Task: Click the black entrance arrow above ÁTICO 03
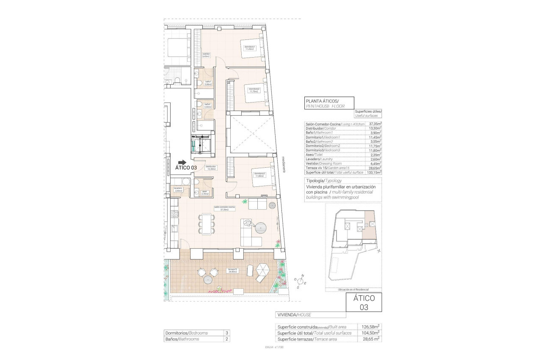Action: coord(182,162)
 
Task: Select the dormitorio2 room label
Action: coord(254,90)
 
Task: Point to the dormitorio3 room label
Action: coord(259,174)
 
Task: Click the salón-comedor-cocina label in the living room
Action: coord(224,208)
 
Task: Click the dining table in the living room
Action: coord(206,224)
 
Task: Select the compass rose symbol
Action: coord(301,281)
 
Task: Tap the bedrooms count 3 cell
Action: coord(227,333)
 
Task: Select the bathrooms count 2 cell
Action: coord(227,339)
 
